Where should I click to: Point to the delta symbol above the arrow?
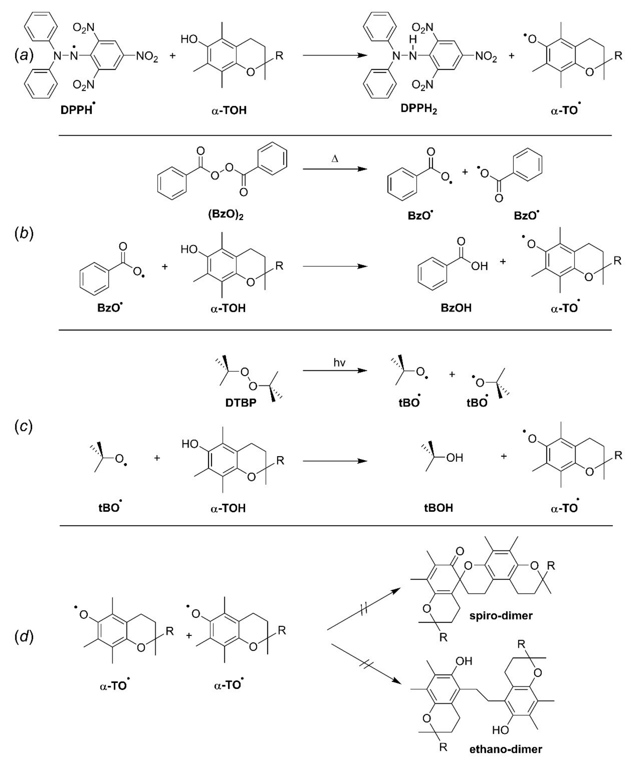point(335,159)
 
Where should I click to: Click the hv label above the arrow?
point(339,363)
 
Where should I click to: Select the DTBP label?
point(240,403)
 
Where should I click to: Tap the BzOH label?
point(456,308)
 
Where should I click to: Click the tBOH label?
point(438,508)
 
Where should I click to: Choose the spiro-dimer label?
point(501,616)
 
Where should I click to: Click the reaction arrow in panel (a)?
point(335,55)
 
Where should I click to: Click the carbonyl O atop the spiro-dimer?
point(460,552)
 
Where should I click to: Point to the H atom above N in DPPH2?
point(411,39)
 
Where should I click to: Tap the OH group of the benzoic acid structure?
point(479,267)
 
